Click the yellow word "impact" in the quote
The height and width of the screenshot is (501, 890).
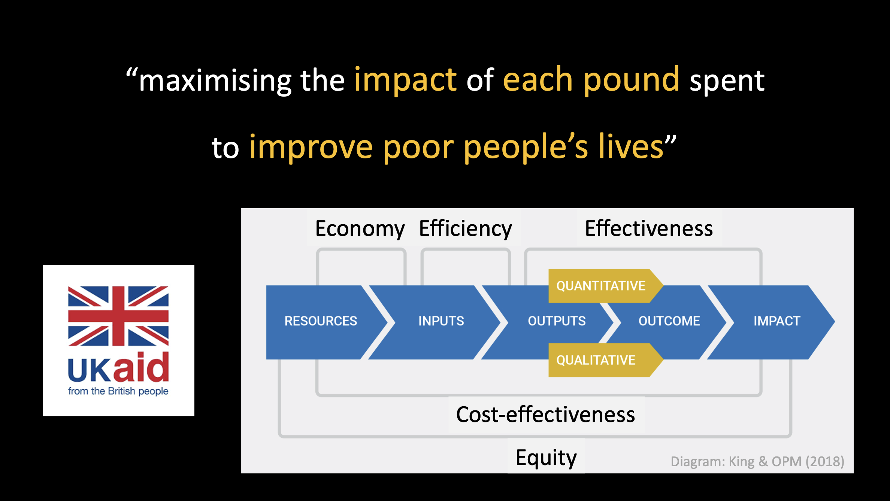pos(405,80)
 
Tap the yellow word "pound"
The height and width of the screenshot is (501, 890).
pos(631,80)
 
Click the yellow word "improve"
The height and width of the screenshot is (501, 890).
pos(311,148)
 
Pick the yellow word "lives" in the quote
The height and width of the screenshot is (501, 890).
pos(631,146)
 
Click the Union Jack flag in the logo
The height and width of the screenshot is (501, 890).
pos(118,316)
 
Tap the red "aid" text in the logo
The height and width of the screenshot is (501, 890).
pos(142,367)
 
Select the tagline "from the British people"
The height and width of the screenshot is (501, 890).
pos(118,391)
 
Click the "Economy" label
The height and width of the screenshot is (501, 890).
pos(360,228)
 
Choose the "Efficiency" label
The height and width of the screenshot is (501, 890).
pos(465,228)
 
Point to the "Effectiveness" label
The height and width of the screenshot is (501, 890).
pos(649,228)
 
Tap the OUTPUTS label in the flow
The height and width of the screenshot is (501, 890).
pos(557,321)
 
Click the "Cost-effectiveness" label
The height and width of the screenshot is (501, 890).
pos(545,415)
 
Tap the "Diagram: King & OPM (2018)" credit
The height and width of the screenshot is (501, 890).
pos(757,461)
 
